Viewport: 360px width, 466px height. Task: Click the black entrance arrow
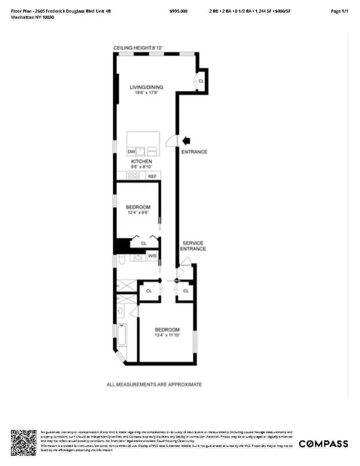tap(186, 141)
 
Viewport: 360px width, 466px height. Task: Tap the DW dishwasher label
tap(131, 152)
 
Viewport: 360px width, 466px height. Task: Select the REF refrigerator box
tap(153, 176)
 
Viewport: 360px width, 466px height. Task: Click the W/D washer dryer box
tap(152, 255)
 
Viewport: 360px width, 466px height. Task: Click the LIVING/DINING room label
tap(146, 87)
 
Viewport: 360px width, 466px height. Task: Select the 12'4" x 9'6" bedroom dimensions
tap(138, 213)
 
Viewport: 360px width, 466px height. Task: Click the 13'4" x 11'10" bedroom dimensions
tap(167, 335)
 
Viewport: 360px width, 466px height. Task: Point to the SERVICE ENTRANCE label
tap(194, 246)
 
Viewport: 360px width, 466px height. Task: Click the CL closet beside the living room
tap(201, 81)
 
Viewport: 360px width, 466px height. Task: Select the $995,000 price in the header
tap(178, 11)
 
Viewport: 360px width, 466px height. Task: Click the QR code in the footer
tap(24, 442)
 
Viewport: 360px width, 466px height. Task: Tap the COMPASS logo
tap(323, 443)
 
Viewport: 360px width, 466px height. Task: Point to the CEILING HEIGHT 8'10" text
tap(138, 48)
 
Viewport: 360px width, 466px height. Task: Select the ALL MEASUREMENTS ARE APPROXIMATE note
tap(154, 384)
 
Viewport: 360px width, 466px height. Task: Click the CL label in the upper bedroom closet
tap(144, 243)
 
